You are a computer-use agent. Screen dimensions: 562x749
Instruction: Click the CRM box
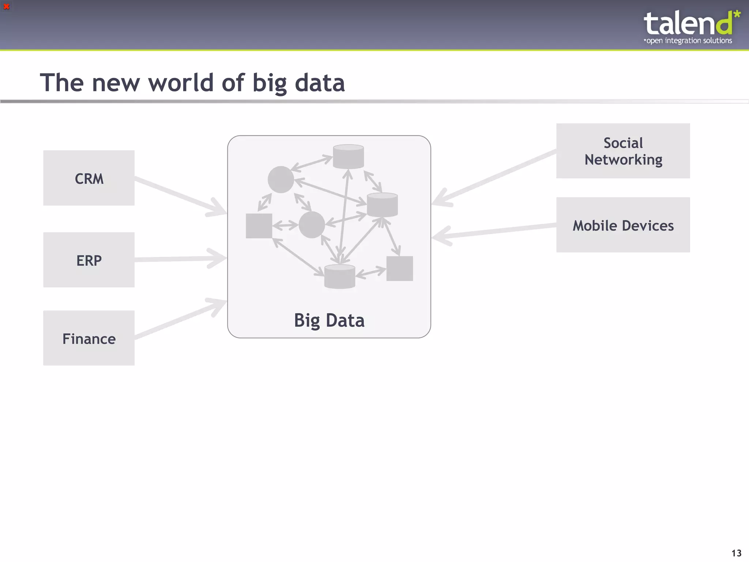tap(89, 178)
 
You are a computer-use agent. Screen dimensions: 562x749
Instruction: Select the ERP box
tap(89, 260)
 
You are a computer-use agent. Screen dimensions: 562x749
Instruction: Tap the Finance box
tap(89, 338)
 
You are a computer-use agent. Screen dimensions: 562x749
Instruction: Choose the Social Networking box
tap(623, 151)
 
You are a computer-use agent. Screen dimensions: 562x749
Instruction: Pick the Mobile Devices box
tap(623, 225)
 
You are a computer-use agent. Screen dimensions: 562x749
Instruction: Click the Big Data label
tap(329, 320)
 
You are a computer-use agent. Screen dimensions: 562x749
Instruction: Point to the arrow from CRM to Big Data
tap(179, 196)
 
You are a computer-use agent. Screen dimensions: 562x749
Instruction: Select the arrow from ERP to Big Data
tap(179, 259)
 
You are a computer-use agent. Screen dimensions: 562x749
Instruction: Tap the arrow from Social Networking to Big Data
tap(494, 177)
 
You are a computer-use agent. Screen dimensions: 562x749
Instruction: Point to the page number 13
tap(736, 553)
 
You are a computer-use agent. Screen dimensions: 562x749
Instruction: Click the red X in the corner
tap(6, 6)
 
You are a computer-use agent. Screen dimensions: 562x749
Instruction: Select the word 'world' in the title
tap(181, 83)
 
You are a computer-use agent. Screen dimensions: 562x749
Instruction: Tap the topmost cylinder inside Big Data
tap(348, 157)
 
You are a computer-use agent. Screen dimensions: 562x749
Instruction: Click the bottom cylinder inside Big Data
tap(340, 277)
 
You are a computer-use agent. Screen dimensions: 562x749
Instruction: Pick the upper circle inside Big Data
tap(281, 179)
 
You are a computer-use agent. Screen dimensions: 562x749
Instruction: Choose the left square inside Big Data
tap(259, 226)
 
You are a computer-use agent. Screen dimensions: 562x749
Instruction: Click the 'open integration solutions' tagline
tap(688, 41)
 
